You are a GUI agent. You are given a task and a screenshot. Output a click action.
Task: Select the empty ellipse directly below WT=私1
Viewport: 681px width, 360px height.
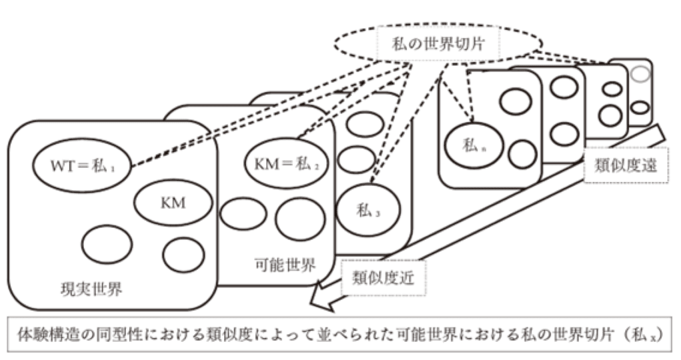[103, 244]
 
